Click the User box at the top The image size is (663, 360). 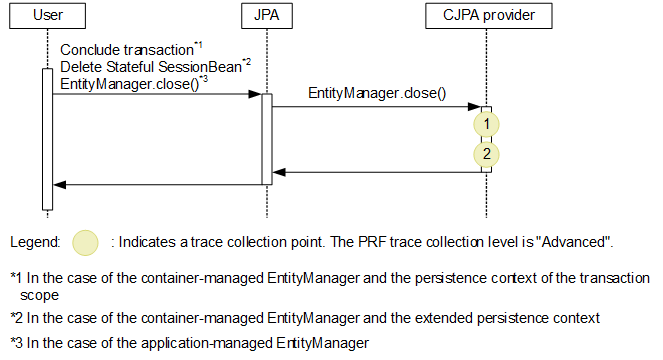[x=46, y=15]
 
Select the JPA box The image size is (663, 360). [x=267, y=15]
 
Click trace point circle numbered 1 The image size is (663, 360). [x=485, y=123]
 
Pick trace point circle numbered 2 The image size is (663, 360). [x=485, y=154]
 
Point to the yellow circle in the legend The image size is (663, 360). [x=88, y=242]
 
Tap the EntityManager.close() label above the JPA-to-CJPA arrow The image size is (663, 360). [x=377, y=93]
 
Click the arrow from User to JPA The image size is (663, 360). [x=155, y=95]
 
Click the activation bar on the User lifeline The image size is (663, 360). [x=46, y=140]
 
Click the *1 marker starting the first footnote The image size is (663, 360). [x=16, y=277]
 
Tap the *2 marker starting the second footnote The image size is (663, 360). [x=16, y=318]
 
